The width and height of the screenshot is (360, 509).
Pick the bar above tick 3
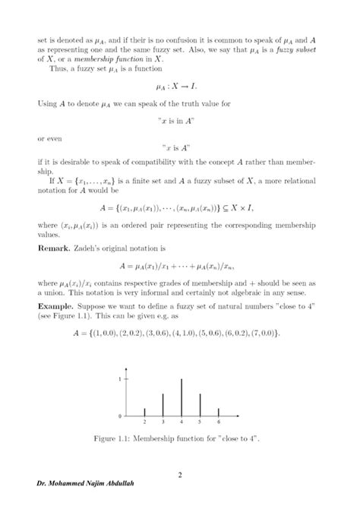click(x=163, y=405)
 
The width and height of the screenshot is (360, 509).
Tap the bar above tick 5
click(x=200, y=405)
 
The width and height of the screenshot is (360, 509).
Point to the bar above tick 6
click(x=218, y=413)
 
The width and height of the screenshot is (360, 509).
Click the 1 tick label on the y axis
click(x=120, y=378)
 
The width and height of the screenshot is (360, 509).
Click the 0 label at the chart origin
click(x=120, y=417)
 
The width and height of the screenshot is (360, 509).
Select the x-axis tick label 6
click(x=218, y=422)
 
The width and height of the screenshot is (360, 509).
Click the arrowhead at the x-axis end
click(x=245, y=416)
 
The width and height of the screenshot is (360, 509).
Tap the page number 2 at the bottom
click(x=180, y=476)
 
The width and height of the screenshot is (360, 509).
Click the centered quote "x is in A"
click(x=180, y=124)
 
